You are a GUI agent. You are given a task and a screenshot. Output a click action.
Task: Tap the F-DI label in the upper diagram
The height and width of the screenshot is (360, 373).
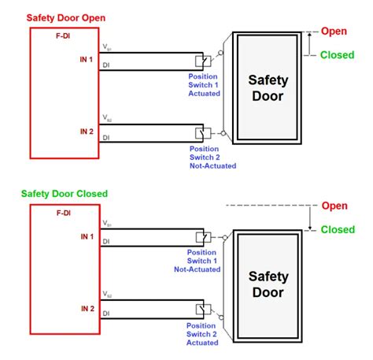(x=63, y=35)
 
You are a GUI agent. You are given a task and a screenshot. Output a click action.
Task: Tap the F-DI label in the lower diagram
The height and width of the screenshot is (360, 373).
(x=63, y=213)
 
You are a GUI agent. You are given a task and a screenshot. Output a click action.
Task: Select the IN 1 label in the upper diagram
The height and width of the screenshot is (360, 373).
(x=87, y=60)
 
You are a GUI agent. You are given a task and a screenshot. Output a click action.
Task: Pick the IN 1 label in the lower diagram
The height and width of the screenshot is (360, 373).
(x=87, y=236)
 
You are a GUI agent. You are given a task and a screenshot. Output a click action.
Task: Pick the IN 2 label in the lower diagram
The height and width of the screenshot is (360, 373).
(x=87, y=308)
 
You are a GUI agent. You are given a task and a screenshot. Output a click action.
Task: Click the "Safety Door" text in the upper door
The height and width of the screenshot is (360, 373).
(x=268, y=89)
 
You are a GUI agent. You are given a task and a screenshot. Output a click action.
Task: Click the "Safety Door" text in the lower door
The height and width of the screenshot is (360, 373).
(x=268, y=286)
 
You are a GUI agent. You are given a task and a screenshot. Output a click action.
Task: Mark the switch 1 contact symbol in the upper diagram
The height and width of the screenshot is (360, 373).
(x=202, y=61)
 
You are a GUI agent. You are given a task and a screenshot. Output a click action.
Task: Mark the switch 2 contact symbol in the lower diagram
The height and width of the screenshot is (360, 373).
(x=202, y=309)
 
